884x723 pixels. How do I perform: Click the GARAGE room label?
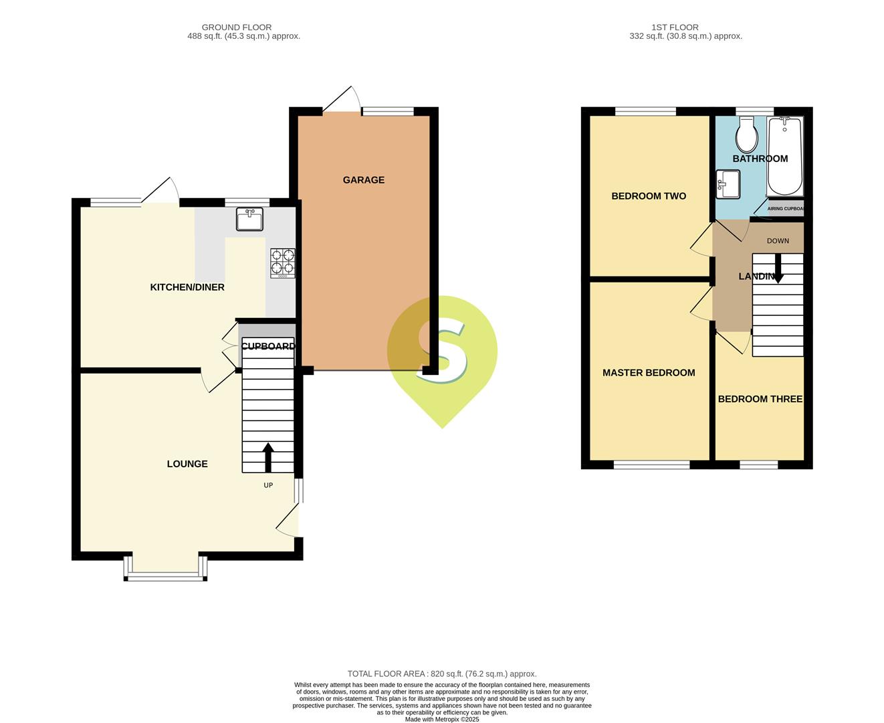[x=363, y=180]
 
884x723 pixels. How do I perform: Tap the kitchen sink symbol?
[x=249, y=219]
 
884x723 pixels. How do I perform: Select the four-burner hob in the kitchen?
[x=283, y=263]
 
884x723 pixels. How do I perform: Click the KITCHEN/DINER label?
[x=187, y=287]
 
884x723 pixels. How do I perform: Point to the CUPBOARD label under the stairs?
[x=267, y=346]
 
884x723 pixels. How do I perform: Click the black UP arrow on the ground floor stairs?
[x=268, y=457]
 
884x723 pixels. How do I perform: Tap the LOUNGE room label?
[x=187, y=464]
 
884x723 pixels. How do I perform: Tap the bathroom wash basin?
[x=728, y=183]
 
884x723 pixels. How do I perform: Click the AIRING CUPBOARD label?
[x=786, y=209]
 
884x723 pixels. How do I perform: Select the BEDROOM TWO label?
[x=649, y=196]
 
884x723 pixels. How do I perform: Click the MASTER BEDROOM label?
[x=649, y=373]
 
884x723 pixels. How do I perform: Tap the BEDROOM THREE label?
[x=760, y=399]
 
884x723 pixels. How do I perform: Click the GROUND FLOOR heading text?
[x=237, y=27]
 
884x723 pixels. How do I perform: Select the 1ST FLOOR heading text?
[x=675, y=27]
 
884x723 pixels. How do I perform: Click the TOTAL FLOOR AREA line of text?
[x=442, y=674]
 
